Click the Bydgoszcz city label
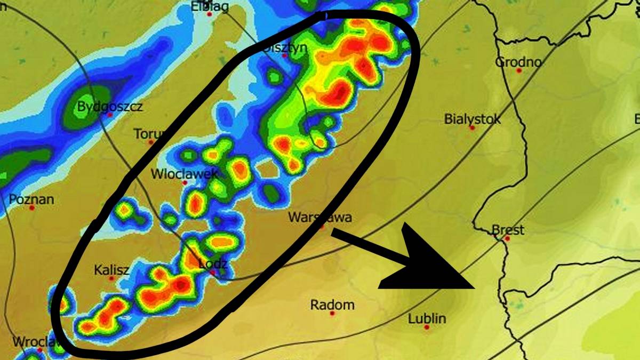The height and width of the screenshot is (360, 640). click(110, 106)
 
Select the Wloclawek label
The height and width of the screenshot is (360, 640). click(185, 174)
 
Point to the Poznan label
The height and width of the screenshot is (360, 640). click(31, 199)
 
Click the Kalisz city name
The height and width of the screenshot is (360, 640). click(111, 270)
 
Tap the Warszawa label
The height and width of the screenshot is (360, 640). click(320, 217)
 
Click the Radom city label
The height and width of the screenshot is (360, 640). click(332, 305)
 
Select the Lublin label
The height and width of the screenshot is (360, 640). click(427, 319)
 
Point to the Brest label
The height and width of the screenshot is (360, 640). click(508, 230)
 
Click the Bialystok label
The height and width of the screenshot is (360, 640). click(473, 119)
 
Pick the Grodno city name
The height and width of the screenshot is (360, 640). click(518, 62)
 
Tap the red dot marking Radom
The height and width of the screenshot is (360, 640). click(332, 314)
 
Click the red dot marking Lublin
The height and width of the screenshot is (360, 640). click(427, 327)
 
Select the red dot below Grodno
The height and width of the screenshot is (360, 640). click(519, 70)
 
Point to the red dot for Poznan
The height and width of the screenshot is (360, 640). click(31, 207)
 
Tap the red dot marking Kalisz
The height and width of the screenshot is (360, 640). click(111, 278)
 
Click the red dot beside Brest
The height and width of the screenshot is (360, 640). click(507, 238)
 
